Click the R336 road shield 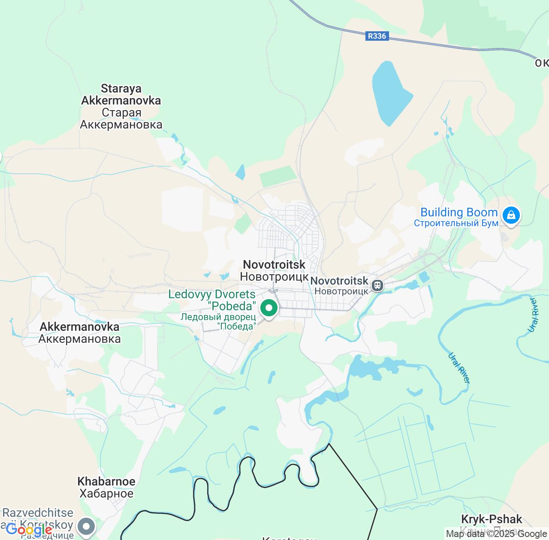coord(377,36)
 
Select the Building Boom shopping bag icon coord(511,215)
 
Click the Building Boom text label coord(459,213)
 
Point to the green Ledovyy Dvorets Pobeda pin coord(269,308)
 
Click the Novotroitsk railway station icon coord(377,285)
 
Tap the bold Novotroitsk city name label coord(274,264)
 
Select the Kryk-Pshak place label coord(492,519)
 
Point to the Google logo coord(29,531)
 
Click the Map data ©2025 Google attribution coord(496,534)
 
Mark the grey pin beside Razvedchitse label coord(86,526)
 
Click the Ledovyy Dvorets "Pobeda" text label coord(212,300)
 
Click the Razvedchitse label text coord(38,513)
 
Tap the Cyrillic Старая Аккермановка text coord(121,119)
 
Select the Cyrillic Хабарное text coord(106,493)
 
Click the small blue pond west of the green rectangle coord(241,172)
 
